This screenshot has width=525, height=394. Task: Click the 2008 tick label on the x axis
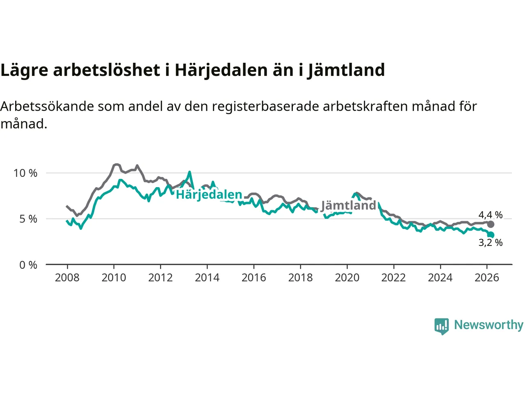[x=67, y=278]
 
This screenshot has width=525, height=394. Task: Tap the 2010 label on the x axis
[x=114, y=278]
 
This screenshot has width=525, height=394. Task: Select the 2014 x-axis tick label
[x=207, y=278]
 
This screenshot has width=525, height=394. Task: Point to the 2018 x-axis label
[x=300, y=278]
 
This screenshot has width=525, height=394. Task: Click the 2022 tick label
[x=393, y=278]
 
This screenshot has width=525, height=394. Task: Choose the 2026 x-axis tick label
[x=487, y=278]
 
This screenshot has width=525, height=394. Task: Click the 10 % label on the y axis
[x=25, y=173]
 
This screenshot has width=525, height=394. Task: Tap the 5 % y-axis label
[x=28, y=219]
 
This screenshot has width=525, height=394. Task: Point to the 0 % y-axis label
[x=28, y=265]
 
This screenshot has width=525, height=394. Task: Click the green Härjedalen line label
[x=209, y=195]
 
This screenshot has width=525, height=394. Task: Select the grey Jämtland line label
[x=348, y=205]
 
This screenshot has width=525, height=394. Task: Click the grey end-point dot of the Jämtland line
[x=491, y=224]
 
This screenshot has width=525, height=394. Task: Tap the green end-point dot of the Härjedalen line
[x=491, y=235]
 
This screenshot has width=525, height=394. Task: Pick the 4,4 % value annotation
[x=490, y=215]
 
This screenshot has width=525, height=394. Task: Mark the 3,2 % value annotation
[x=490, y=243]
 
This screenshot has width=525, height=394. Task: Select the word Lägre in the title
[x=24, y=70]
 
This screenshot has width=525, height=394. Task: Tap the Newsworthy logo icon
[x=441, y=326]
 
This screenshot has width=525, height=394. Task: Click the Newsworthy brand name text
[x=488, y=325]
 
